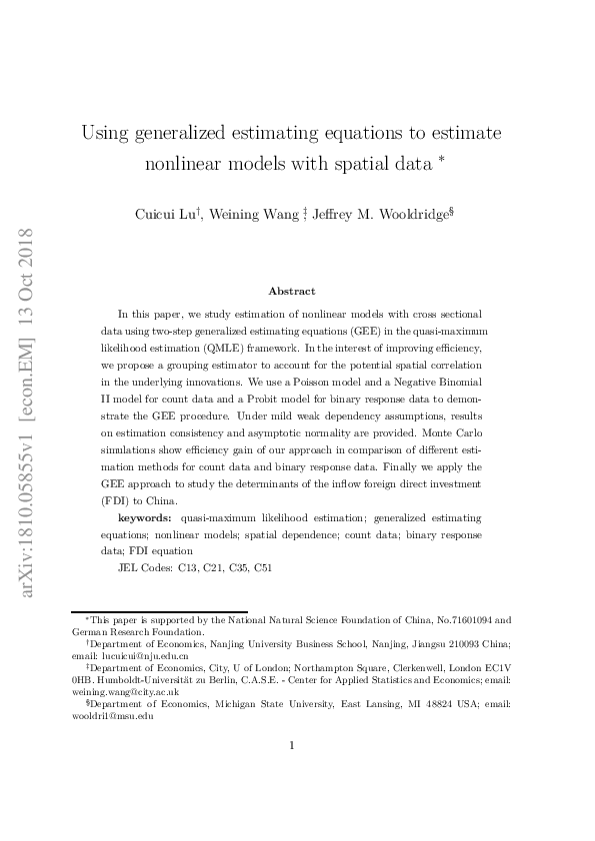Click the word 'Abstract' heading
click(x=291, y=291)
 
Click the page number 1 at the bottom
click(x=291, y=744)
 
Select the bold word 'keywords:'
click(x=145, y=517)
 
